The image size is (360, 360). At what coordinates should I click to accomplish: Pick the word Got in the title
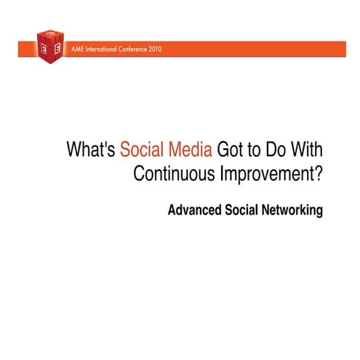(233, 150)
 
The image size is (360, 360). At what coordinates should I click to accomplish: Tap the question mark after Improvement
(318, 175)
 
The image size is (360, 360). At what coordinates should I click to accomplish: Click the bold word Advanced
(194, 211)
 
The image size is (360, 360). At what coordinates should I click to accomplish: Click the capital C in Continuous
(140, 175)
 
